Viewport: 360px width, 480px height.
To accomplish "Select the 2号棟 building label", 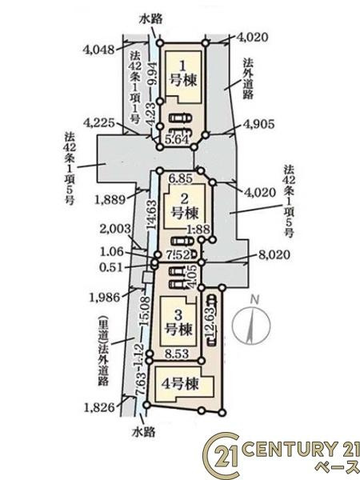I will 185,206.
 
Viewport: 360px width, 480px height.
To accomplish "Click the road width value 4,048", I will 97,48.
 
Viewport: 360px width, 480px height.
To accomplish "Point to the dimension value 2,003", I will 117,230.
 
